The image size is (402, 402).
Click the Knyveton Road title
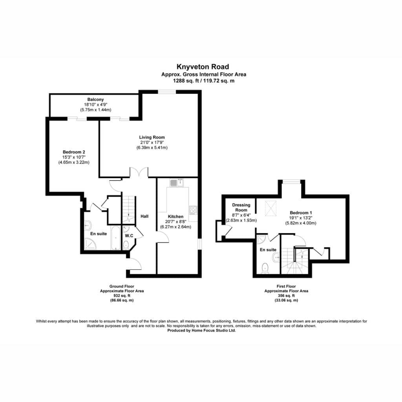pos(203,67)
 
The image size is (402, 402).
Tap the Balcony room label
pos(95,99)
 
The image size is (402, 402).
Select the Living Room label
pos(152,137)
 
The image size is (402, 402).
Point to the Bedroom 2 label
pos(74,152)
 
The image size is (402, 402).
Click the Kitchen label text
pos(175,217)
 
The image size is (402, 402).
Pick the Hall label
pos(144,216)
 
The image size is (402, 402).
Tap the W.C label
pos(129,236)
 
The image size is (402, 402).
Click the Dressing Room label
pos(241,207)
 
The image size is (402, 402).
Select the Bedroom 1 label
pos(301,213)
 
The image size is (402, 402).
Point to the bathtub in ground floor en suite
pos(116,238)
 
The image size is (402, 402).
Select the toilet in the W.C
pos(126,245)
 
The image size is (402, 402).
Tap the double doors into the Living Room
pos(139,172)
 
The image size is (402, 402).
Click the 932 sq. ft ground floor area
pos(122,296)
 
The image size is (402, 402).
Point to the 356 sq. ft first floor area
pos(286,296)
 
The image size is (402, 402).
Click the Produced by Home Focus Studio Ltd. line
pos(201,331)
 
